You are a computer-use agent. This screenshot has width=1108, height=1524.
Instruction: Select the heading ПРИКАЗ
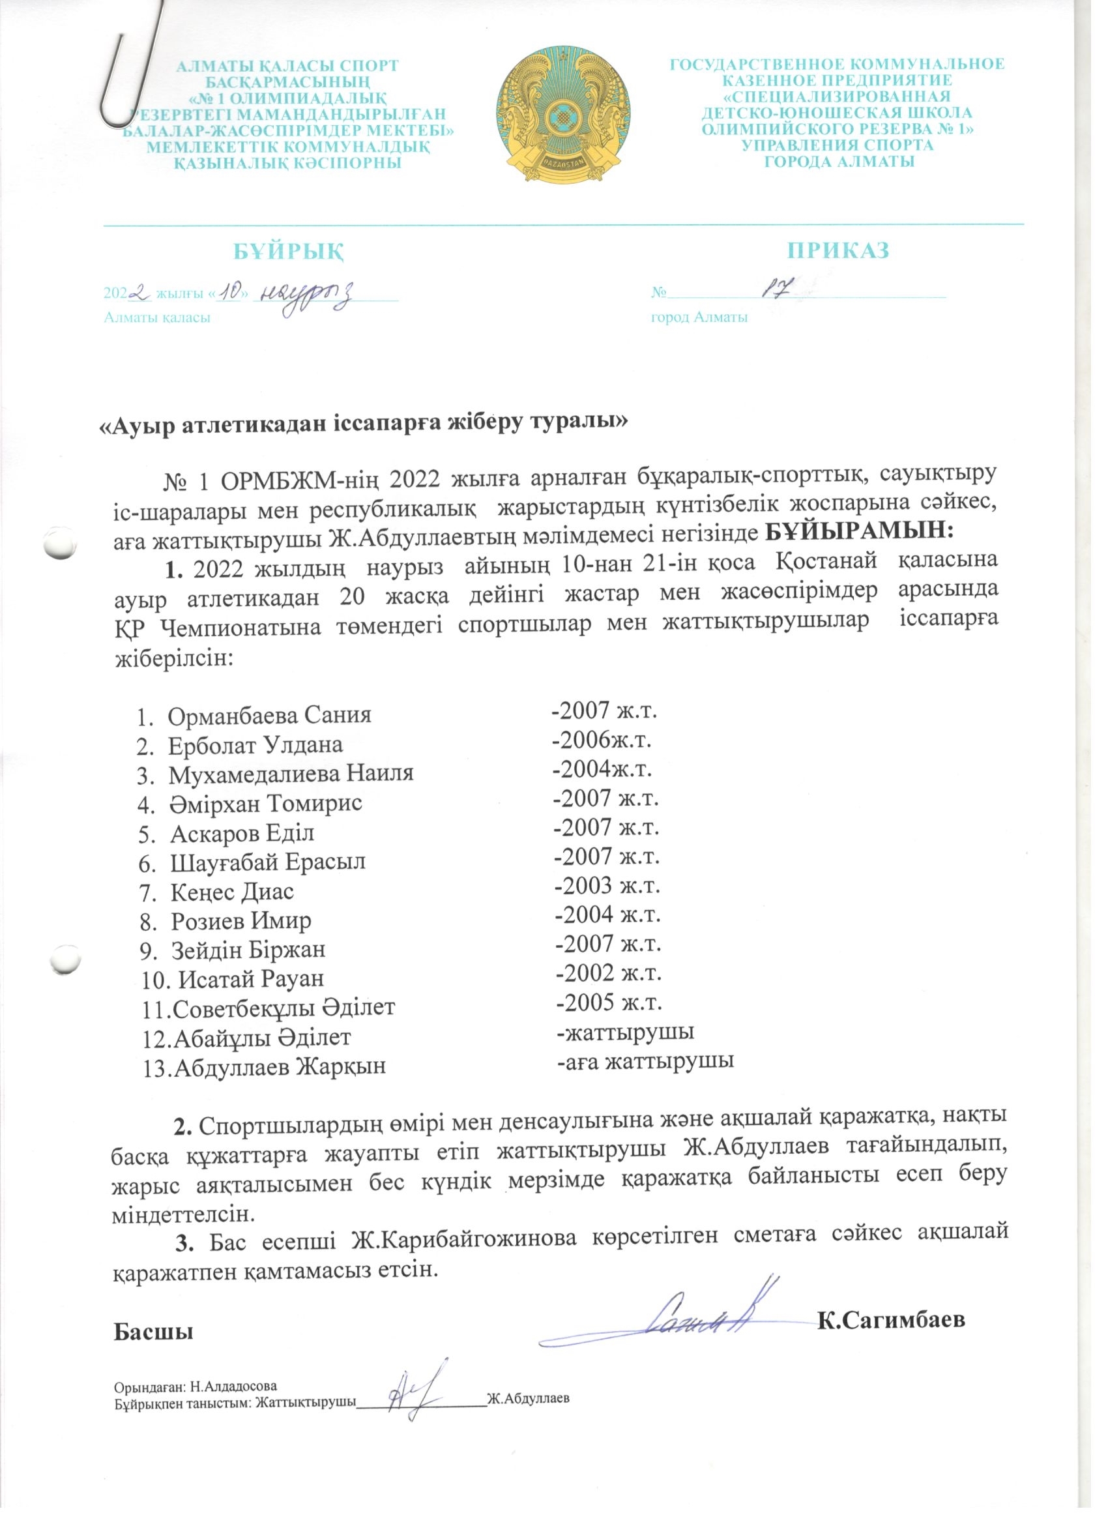pyautogui.click(x=839, y=250)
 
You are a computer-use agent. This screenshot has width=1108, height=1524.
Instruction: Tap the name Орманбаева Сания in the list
pyautogui.click(x=269, y=714)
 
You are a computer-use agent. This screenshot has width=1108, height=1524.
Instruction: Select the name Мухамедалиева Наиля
pyautogui.click(x=290, y=774)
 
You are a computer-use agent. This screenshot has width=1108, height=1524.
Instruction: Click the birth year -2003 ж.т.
pyautogui.click(x=607, y=886)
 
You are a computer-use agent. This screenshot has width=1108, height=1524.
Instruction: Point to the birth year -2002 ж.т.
pyautogui.click(x=608, y=973)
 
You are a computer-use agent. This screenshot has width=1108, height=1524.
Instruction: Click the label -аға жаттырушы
pyautogui.click(x=645, y=1061)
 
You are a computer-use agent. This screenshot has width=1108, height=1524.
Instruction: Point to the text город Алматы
pyautogui.click(x=699, y=317)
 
